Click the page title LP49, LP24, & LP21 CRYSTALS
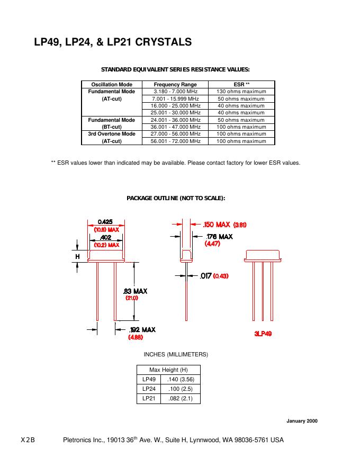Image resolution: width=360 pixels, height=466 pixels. (x=113, y=42)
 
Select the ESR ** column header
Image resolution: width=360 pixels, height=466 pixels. (x=241, y=85)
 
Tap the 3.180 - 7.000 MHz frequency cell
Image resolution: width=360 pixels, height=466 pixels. (x=175, y=92)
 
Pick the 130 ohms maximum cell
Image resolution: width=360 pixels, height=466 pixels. (x=241, y=92)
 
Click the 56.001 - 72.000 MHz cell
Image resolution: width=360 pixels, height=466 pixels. (x=175, y=141)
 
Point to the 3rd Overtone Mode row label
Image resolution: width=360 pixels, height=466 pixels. (x=112, y=134)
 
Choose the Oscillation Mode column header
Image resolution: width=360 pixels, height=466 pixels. (x=112, y=85)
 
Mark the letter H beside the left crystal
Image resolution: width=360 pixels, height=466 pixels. (x=77, y=257)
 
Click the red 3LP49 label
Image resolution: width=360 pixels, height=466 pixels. (x=263, y=334)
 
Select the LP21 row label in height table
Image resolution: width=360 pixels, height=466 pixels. (x=149, y=398)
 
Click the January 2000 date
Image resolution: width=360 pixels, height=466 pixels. (x=302, y=421)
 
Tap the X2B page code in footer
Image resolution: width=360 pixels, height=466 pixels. (x=28, y=440)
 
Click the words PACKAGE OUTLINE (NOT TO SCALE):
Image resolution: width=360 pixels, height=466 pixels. (x=176, y=198)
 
